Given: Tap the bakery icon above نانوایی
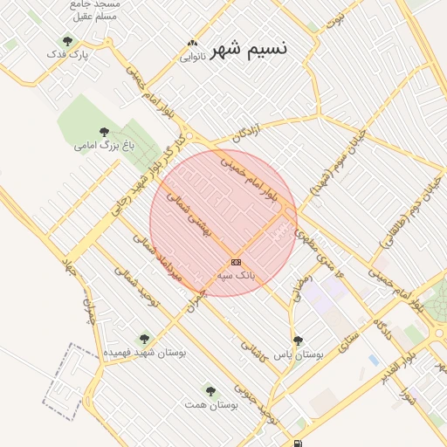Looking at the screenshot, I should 192,43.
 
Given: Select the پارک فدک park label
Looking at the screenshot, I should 68,55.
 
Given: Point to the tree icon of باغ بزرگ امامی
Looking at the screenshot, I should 104,132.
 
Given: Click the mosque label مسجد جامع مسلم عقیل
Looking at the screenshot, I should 97,10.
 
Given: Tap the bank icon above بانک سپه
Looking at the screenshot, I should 236,261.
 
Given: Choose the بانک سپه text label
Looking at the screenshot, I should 236,274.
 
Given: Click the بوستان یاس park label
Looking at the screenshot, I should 298,355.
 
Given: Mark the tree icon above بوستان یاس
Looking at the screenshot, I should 298,340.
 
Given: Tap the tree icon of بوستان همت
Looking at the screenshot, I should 210,391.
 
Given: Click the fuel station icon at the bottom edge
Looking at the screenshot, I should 299,444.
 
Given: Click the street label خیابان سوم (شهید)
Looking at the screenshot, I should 330,165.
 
